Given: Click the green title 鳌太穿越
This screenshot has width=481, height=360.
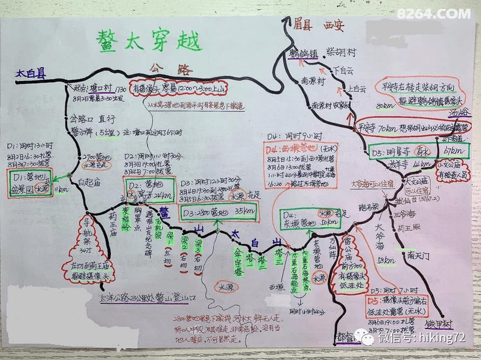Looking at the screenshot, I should point(149,41).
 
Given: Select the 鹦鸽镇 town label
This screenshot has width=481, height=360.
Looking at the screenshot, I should point(303,53).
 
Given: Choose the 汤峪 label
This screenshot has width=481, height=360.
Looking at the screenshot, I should point(459,112).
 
